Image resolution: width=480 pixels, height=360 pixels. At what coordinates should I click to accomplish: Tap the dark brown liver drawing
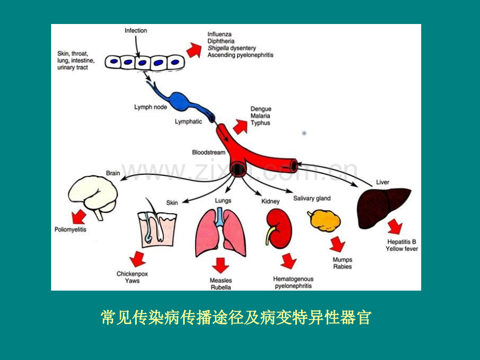383,207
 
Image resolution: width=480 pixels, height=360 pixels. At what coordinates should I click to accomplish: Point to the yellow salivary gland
325,220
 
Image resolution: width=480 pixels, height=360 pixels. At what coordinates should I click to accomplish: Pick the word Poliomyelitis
70,230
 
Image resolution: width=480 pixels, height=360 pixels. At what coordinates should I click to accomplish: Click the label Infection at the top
136,31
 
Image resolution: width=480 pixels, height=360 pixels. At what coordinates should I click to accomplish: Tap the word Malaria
260,116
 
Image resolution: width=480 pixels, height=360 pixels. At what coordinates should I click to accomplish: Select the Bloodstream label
209,152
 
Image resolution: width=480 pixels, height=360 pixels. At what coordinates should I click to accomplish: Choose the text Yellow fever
402,249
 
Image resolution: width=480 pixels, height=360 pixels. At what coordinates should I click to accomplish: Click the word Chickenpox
132,274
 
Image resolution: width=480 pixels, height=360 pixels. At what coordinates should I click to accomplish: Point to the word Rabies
343,267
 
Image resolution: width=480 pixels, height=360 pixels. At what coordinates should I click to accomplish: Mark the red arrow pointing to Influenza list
194,50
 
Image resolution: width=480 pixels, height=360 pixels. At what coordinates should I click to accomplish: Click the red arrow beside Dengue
241,127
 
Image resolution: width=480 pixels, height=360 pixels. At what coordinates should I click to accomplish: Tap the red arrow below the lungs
220,265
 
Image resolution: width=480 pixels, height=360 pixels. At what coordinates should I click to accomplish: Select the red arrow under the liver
395,226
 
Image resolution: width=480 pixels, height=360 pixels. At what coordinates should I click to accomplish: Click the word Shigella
218,48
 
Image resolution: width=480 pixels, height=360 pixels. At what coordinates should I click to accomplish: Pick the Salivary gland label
312,198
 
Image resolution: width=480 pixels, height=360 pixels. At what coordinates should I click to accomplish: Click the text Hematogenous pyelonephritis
293,283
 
